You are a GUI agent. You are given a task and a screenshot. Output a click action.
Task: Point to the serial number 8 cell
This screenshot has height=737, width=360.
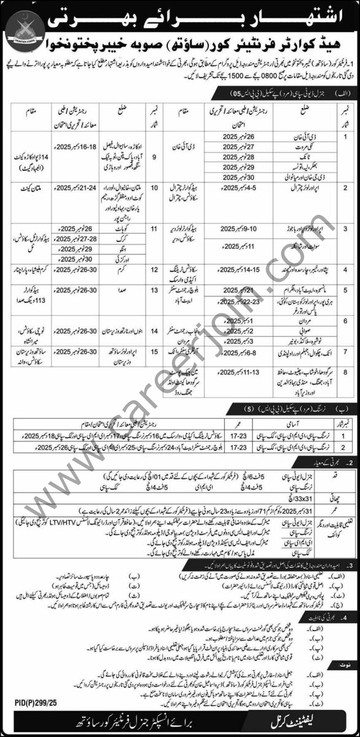[x=348, y=372]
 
